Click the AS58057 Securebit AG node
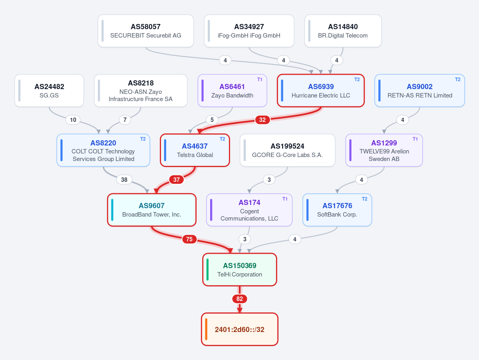pos(146,31)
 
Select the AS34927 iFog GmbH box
pos(249,31)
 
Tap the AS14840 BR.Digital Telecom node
pos(343,31)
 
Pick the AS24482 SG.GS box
pos(49,91)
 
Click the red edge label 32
pos(262,120)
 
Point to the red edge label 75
pos(189,239)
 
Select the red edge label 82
pos(240,299)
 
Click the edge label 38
pos(124,180)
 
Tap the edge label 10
pos(73,120)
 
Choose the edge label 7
pos(125,120)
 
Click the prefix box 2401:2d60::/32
pos(240,330)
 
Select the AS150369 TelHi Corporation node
pos(240,270)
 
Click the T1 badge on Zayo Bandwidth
pos(260,80)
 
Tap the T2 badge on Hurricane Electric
pos(357,80)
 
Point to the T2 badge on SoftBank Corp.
pos(364,199)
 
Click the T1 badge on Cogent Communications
pos(285,199)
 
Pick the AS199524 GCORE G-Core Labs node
pos(288,150)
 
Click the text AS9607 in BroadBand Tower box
pos(151,206)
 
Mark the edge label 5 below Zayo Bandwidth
pos(212,120)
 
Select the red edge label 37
pos(177,180)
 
